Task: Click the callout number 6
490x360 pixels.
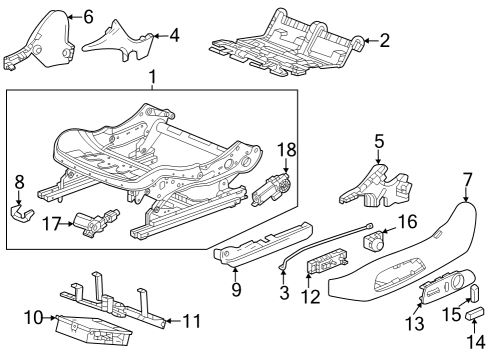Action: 88,17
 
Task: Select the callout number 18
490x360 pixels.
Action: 287,149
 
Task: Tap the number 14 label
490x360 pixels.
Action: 476,342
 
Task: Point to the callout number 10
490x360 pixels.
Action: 34,318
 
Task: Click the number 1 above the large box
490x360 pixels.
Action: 152,77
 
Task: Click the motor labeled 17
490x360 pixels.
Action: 96,223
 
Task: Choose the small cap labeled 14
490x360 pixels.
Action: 473,314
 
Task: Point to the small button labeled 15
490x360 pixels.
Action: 474,292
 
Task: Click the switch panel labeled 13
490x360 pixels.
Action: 447,286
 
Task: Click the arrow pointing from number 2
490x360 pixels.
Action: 370,41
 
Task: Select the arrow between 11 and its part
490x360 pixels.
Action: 173,321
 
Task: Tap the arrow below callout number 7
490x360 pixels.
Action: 466,194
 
